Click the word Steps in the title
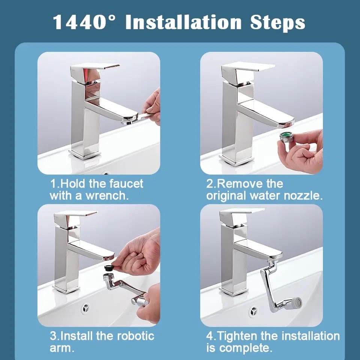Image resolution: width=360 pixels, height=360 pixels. click(278, 22)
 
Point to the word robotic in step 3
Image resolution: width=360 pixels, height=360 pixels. click(134, 336)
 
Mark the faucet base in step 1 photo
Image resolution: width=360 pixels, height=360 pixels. click(84, 153)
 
